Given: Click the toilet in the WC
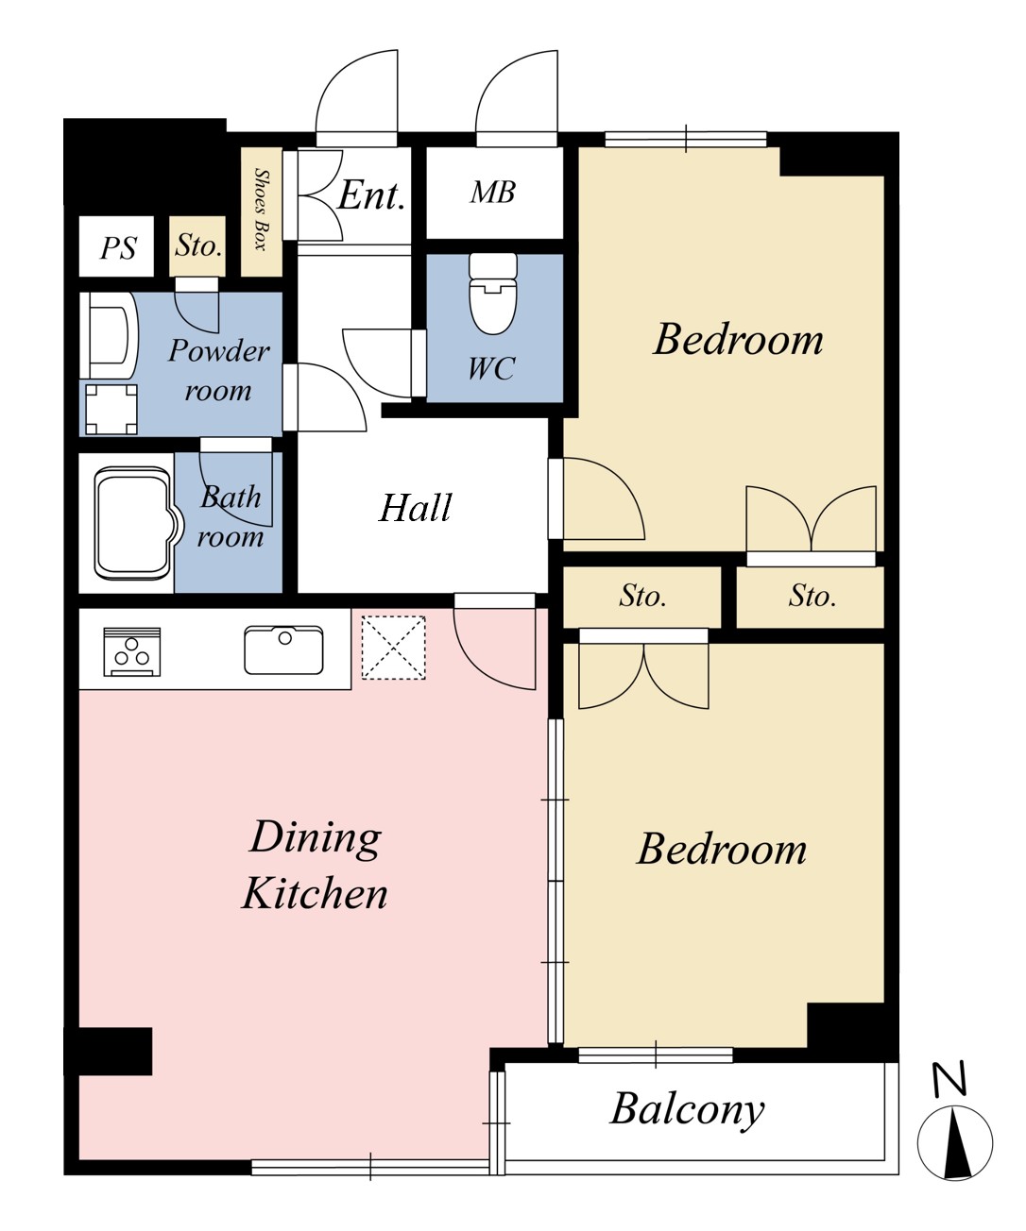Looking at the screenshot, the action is [492, 293].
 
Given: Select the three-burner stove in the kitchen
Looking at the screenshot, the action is [131, 650].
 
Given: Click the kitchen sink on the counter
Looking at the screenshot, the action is [283, 649].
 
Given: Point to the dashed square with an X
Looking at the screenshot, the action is [393, 648].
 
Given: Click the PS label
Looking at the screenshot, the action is [118, 247].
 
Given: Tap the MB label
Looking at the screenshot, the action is [492, 192].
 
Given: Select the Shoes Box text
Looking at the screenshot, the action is [261, 210].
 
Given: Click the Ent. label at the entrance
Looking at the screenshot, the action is [371, 194].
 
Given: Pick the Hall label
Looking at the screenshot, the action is [416, 507].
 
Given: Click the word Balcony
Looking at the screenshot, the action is [687, 1110].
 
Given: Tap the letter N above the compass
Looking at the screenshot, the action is [949, 1078].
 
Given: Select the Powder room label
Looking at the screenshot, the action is [219, 370].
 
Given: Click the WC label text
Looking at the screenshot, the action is [491, 368].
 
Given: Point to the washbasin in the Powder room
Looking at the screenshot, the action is [110, 335].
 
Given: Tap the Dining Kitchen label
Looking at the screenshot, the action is [315, 865].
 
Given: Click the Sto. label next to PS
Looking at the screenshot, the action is [198, 245].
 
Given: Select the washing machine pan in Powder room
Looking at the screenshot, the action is [111, 409].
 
